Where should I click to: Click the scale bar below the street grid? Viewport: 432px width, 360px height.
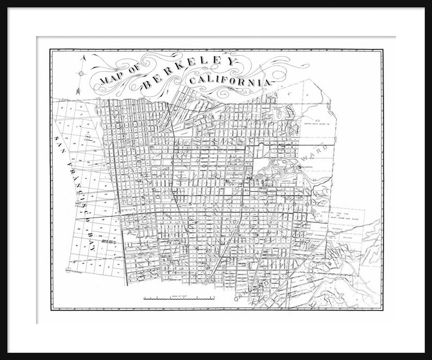click(179, 298)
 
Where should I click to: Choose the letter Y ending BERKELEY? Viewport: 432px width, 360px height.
click(231, 62)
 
